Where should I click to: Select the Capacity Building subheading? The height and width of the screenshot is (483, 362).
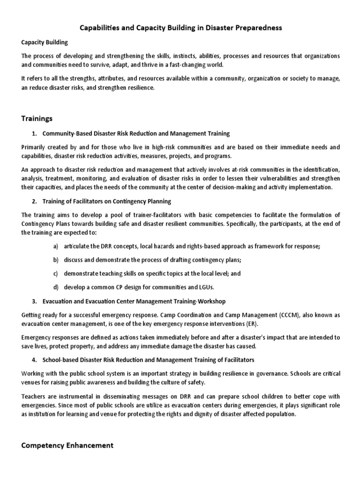(x=45, y=42)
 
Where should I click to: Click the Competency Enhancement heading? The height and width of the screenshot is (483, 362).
(x=67, y=445)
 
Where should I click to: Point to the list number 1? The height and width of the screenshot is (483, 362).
(x=33, y=133)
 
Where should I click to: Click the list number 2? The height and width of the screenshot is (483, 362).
(x=34, y=201)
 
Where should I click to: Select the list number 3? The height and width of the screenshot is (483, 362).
(x=34, y=301)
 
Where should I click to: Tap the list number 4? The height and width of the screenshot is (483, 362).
(x=34, y=360)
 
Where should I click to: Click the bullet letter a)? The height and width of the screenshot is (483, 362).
(x=56, y=247)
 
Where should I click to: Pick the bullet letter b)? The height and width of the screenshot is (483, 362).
(x=56, y=260)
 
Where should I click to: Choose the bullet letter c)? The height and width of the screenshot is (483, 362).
(x=56, y=273)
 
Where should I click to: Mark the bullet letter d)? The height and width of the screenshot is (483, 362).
(x=56, y=287)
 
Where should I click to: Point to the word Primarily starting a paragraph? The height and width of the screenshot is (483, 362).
(x=36, y=147)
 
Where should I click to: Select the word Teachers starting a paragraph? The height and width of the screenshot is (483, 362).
(x=34, y=397)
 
